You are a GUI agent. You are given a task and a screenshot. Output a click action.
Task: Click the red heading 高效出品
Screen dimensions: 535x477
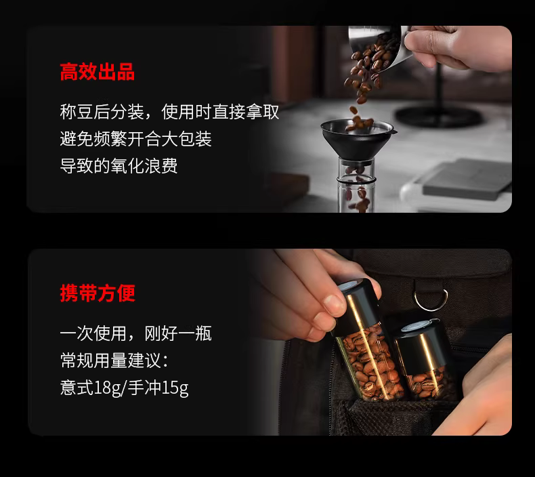click(x=98, y=72)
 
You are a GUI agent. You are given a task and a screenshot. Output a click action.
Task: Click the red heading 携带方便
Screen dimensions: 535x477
click(x=98, y=293)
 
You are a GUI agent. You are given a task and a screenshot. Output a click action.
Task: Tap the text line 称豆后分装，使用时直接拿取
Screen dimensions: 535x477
click(x=169, y=112)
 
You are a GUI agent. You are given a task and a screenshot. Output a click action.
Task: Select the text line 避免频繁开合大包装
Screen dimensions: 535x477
click(x=136, y=139)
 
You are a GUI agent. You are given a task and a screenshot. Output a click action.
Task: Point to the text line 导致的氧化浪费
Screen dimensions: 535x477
click(x=119, y=166)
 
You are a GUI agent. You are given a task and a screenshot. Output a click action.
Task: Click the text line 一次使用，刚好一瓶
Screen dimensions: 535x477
click(x=136, y=333)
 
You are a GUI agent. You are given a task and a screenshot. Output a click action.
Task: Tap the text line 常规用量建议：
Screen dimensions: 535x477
click(x=114, y=360)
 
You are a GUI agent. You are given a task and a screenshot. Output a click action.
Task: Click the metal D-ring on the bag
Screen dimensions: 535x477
click(x=431, y=299)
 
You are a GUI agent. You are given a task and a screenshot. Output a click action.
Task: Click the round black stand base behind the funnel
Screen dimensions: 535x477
click(x=438, y=115)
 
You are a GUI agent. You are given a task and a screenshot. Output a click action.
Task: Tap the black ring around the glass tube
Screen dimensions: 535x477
click(x=356, y=180)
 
